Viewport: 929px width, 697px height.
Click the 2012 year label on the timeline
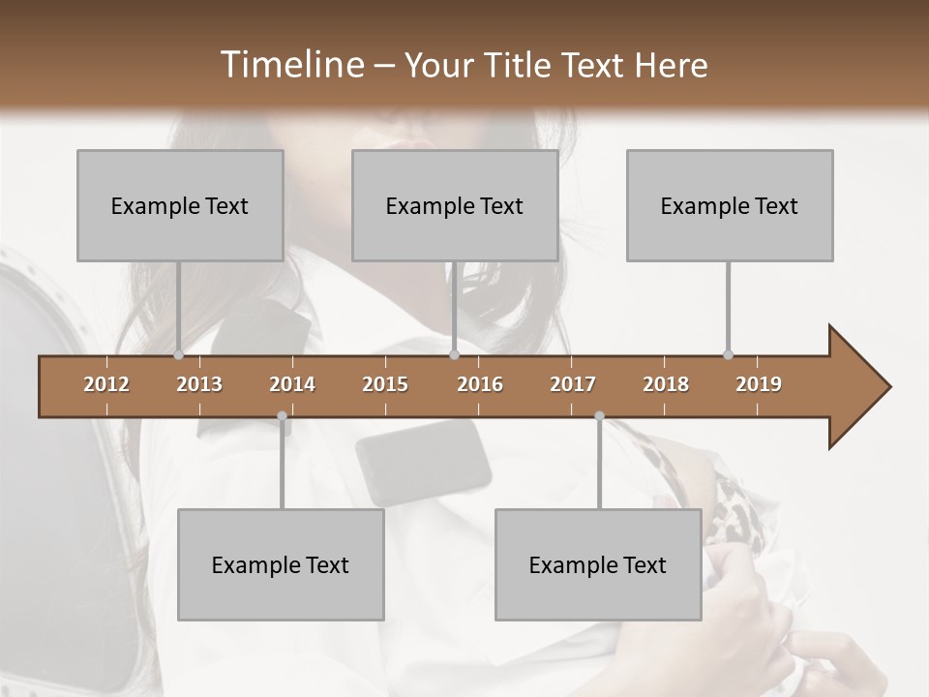(x=106, y=384)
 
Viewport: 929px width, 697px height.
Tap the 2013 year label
(x=199, y=384)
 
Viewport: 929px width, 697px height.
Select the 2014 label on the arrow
(x=292, y=384)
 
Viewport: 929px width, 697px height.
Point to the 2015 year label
(x=385, y=384)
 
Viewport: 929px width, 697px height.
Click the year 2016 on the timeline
(x=480, y=384)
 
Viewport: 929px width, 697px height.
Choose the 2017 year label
(x=573, y=384)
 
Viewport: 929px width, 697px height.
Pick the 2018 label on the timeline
(x=666, y=384)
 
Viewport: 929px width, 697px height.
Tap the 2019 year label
(x=759, y=384)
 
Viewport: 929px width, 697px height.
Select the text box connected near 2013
(x=180, y=205)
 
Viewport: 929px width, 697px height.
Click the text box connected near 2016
(x=455, y=205)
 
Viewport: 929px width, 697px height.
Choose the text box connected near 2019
(x=730, y=205)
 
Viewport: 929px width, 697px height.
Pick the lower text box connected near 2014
(x=281, y=564)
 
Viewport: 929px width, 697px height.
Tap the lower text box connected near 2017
(x=598, y=564)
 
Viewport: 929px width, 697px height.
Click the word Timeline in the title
(x=290, y=65)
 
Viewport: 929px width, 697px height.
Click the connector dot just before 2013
(x=179, y=355)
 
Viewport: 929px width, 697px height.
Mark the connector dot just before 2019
(x=728, y=355)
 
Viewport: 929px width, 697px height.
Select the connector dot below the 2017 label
(x=599, y=416)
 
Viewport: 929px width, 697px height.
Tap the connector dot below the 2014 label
(x=282, y=416)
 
